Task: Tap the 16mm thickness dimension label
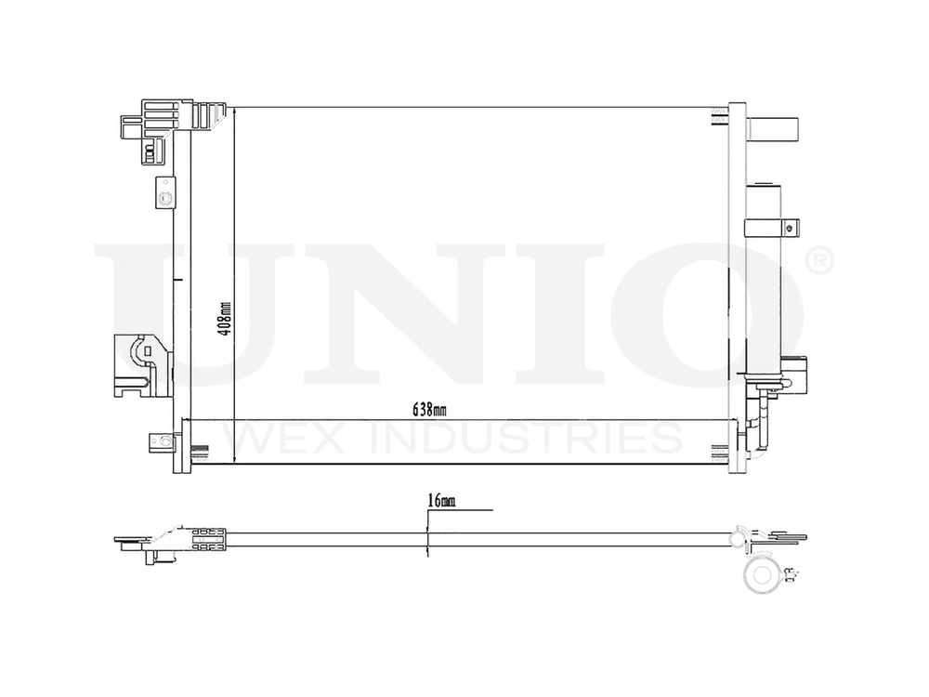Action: point(441,502)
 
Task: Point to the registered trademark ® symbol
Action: point(817,262)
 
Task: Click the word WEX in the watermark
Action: point(278,437)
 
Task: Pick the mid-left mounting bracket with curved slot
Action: point(139,364)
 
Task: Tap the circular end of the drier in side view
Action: point(763,573)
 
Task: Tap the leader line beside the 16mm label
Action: point(474,509)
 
